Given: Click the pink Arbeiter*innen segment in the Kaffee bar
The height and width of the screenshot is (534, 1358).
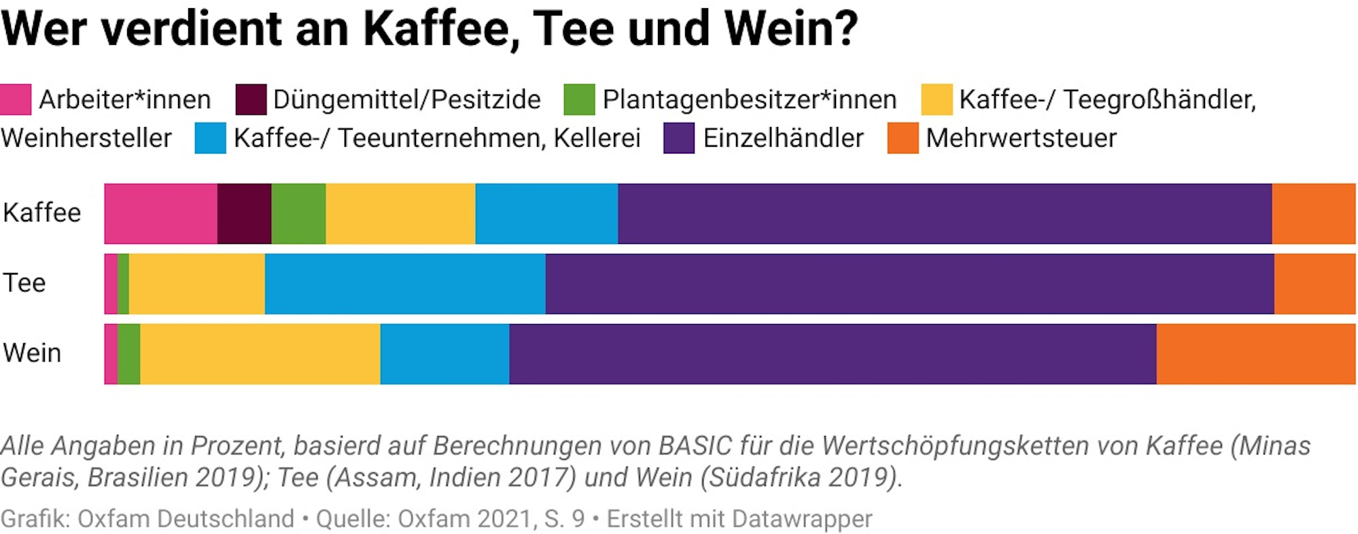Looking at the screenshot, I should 160,213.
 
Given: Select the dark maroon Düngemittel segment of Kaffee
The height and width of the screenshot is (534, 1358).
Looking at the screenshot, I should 244,213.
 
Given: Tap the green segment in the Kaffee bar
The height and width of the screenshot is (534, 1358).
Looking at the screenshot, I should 298,213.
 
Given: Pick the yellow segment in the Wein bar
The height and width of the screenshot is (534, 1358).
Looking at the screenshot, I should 260,354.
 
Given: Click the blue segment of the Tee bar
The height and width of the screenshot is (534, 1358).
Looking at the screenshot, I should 405,284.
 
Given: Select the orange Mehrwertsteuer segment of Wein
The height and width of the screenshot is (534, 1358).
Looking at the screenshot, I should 1255,354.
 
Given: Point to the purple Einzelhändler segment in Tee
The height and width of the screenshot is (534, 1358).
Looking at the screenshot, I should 909,284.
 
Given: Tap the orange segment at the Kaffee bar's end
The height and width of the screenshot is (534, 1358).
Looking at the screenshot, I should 1313,213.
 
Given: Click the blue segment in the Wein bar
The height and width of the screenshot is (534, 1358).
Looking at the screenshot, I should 445,354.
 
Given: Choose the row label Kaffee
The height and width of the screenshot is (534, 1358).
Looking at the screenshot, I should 42,213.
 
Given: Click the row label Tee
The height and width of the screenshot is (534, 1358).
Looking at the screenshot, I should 24,283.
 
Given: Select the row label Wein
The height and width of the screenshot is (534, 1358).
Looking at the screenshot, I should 32,353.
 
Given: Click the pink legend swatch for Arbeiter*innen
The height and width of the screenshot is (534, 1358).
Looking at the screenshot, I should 15,99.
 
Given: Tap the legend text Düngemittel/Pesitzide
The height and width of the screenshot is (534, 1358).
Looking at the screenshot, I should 406,100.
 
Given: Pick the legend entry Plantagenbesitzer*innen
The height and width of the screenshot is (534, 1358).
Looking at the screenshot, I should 749,100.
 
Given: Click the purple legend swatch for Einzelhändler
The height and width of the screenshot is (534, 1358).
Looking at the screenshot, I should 678,138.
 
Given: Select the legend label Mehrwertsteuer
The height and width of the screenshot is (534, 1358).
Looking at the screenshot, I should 1021,138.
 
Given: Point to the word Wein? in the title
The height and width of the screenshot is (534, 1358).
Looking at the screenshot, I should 791,29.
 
